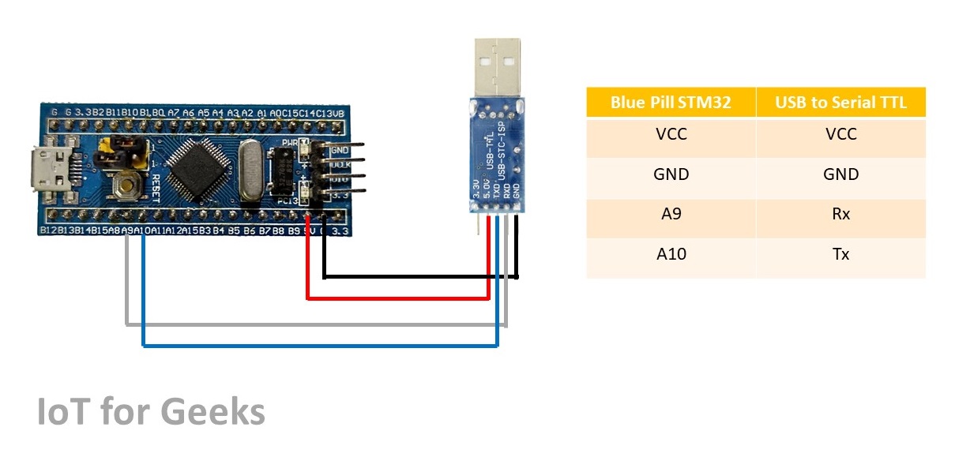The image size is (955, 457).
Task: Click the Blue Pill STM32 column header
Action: click(671, 103)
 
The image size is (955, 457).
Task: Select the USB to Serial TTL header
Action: click(840, 103)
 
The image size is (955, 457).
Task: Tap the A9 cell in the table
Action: click(671, 214)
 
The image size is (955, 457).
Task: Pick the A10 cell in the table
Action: click(671, 254)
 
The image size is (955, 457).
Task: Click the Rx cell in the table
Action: click(840, 214)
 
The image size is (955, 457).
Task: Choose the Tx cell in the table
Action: click(840, 254)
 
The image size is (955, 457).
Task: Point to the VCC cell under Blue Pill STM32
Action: click(671, 134)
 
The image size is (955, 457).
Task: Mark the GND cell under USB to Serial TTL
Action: click(840, 174)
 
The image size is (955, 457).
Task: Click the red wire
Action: click(395, 298)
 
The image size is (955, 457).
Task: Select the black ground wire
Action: click(419, 276)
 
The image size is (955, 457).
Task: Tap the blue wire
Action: click(316, 345)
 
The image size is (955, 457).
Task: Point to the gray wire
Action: click(316, 324)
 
